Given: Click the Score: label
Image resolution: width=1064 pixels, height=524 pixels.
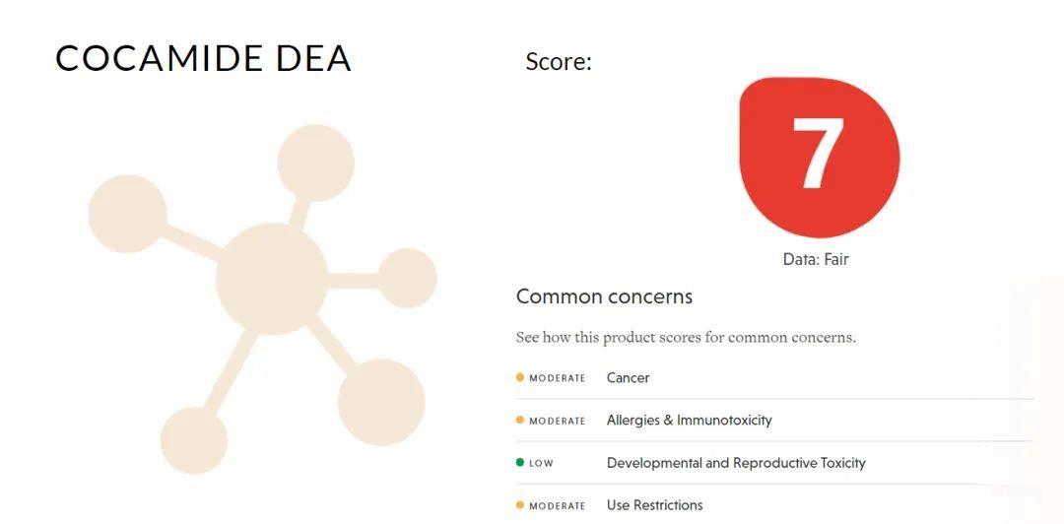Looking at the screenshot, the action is [x=559, y=62].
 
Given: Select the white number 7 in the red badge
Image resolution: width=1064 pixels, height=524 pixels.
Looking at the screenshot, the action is [x=819, y=154].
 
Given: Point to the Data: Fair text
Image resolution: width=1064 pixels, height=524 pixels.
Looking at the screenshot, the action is [x=816, y=259].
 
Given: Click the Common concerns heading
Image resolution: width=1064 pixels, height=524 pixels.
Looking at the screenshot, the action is [x=604, y=296].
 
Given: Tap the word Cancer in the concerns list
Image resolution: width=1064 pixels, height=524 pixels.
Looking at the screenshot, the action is [x=628, y=378].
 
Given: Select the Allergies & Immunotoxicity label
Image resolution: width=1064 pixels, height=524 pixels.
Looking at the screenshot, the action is [x=690, y=421].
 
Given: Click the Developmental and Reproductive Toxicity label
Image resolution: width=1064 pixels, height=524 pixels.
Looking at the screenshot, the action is [x=736, y=463].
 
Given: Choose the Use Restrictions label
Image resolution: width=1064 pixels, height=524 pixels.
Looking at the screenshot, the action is [x=655, y=505].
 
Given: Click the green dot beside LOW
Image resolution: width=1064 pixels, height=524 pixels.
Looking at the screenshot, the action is [x=520, y=463].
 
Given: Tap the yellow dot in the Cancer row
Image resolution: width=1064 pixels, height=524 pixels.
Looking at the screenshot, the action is [x=520, y=377].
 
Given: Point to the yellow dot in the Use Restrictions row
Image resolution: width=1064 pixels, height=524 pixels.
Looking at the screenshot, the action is [x=520, y=505].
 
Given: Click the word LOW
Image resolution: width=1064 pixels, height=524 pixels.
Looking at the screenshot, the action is [x=541, y=464].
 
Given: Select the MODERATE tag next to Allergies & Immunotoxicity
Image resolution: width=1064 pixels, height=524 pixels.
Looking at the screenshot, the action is [x=557, y=421].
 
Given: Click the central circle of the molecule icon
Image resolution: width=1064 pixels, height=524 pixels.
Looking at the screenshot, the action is [x=272, y=279].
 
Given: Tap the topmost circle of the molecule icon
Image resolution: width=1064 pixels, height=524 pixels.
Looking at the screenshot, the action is [x=315, y=163].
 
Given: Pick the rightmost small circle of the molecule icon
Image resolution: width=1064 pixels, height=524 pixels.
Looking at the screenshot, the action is [x=407, y=279].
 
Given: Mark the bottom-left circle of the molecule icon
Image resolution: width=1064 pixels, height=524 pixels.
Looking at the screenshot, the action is [x=193, y=440].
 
